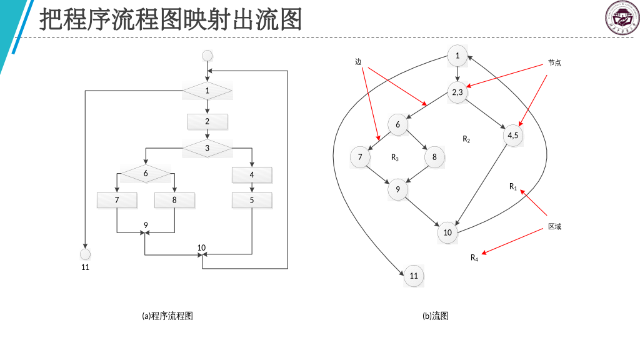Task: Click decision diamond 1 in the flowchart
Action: point(207,91)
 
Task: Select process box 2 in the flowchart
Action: point(207,121)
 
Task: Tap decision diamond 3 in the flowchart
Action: point(207,148)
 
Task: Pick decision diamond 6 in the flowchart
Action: point(146,173)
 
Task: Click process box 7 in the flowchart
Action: point(117,200)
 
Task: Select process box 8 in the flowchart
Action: point(174,200)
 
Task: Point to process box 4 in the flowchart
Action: point(252,174)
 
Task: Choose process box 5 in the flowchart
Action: point(252,200)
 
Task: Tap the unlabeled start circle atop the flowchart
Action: point(207,56)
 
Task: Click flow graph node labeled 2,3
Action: point(457,92)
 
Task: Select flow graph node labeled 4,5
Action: point(512,135)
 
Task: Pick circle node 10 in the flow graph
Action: point(447,232)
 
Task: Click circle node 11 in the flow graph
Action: point(414,276)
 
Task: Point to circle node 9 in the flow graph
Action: point(397,190)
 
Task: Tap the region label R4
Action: point(474,257)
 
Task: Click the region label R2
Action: point(466,139)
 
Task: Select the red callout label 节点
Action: point(554,62)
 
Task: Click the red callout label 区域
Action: point(554,226)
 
